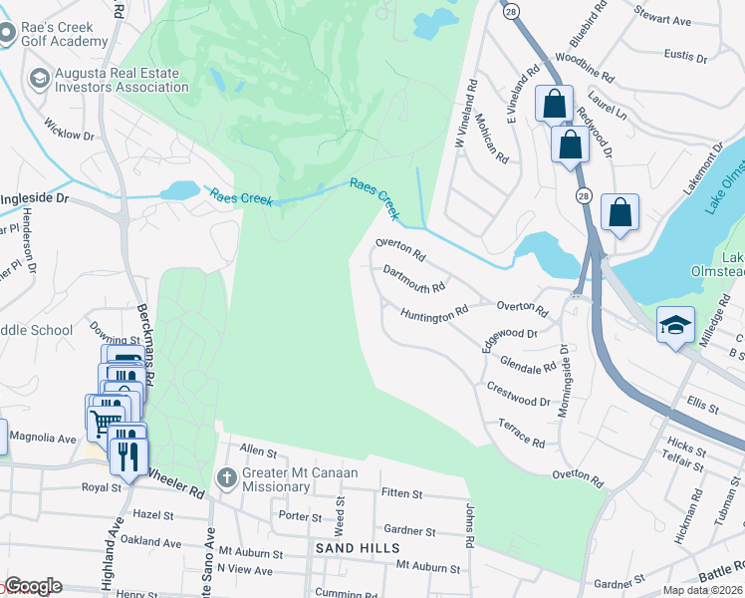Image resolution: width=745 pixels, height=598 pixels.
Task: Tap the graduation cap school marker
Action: point(675,326)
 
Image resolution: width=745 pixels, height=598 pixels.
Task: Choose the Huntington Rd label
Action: point(434,313)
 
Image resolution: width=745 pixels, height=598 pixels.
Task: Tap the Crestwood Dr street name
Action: point(518,392)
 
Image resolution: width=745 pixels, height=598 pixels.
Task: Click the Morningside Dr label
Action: point(564,380)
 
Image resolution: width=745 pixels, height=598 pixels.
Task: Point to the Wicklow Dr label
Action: point(69,129)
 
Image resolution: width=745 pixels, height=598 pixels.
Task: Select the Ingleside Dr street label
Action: point(34,198)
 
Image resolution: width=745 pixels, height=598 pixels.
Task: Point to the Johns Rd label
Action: point(468,525)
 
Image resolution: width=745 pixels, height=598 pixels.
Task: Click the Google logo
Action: point(32,586)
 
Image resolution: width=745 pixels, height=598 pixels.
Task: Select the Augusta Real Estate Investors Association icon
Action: point(40,79)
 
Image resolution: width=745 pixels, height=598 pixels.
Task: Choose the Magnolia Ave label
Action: point(42,438)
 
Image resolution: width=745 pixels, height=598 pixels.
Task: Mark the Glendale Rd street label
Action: point(528,365)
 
